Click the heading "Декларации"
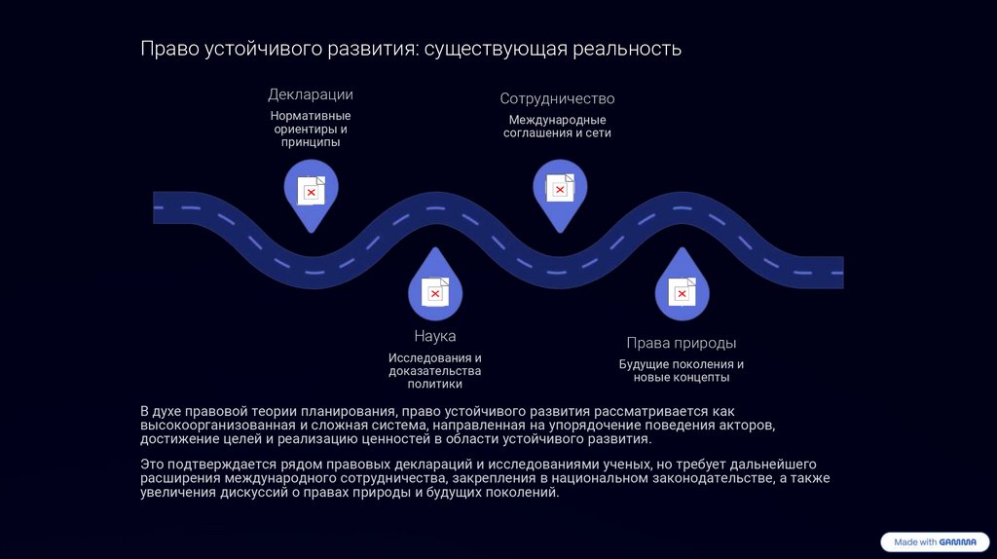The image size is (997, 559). click(311, 94)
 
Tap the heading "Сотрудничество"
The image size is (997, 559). click(557, 98)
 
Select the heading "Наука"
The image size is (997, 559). click(434, 336)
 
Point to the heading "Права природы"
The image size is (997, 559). click(681, 343)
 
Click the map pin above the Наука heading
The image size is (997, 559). click(434, 288)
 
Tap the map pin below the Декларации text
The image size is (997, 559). click(311, 191)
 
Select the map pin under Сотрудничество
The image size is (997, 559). click(559, 191)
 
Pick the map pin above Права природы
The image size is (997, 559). click(682, 288)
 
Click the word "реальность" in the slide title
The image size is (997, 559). click(627, 49)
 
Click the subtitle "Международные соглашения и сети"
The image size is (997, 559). click(557, 127)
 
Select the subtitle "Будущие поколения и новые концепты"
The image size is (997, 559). click(681, 371)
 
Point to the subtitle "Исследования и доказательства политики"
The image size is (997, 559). click(434, 371)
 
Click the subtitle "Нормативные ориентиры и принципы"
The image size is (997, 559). click(311, 129)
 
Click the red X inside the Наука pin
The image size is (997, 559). click(435, 293)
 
